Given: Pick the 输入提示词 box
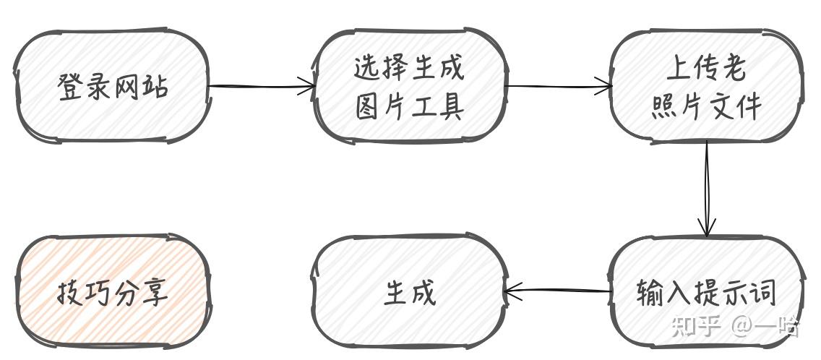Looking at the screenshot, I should click(x=705, y=293).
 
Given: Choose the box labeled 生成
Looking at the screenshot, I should click(x=408, y=293).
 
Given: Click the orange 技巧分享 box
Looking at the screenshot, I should click(x=112, y=293).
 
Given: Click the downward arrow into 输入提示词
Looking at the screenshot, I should click(x=706, y=188).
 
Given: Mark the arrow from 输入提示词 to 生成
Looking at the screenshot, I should click(x=556, y=292).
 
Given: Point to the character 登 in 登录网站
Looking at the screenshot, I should click(x=71, y=86).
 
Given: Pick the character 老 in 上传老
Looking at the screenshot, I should click(x=731, y=69).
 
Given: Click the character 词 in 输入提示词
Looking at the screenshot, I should click(x=762, y=293).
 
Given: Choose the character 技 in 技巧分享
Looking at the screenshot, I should click(x=70, y=293).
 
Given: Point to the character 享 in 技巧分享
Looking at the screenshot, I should click(x=155, y=293).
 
